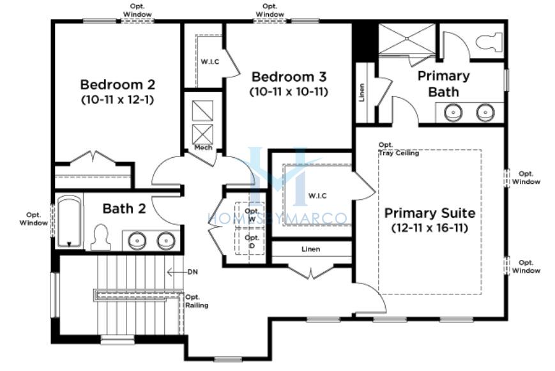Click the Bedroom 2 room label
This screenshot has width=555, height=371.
click(x=118, y=84)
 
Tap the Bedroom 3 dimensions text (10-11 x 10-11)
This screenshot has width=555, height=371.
click(x=289, y=92)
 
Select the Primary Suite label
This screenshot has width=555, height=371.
click(x=430, y=213)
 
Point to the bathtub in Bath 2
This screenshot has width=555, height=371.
click(x=70, y=222)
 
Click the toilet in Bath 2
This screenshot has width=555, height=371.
click(x=100, y=237)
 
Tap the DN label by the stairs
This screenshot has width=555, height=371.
click(x=192, y=272)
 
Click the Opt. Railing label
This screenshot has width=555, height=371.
click(x=197, y=301)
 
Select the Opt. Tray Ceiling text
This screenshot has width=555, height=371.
click(x=399, y=149)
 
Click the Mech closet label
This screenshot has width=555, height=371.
click(x=203, y=148)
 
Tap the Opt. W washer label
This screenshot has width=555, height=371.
click(x=252, y=215)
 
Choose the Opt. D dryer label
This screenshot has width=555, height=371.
click(x=252, y=241)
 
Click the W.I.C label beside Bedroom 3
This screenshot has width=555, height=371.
click(x=210, y=61)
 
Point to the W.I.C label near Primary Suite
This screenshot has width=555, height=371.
click(x=317, y=196)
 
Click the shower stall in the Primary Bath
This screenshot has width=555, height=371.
click(x=407, y=38)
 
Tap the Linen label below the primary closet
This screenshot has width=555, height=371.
click(x=311, y=249)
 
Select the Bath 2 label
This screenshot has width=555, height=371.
click(x=124, y=209)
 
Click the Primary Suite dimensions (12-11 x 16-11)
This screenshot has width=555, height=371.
click(x=430, y=227)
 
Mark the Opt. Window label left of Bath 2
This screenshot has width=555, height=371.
click(x=34, y=219)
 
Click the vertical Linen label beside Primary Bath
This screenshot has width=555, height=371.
click(x=361, y=93)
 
